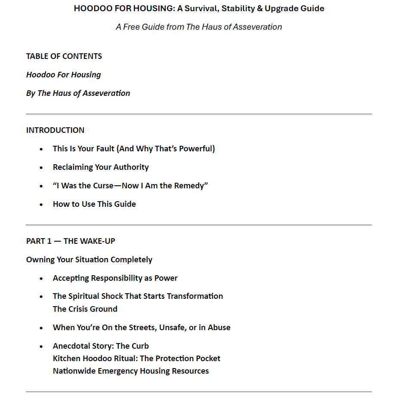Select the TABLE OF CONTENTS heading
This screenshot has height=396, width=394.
click(64, 56)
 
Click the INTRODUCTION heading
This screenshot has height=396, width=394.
click(55, 130)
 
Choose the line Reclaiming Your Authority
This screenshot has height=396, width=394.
click(101, 167)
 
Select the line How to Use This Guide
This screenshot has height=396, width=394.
click(94, 204)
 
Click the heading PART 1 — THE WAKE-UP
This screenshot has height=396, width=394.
click(71, 241)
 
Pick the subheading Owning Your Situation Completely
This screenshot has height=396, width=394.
click(89, 260)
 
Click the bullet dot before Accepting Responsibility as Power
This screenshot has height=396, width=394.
click(41, 279)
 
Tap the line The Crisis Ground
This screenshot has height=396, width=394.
click(85, 309)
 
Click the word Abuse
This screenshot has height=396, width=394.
click(219, 328)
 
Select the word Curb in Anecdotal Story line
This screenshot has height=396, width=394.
click(139, 346)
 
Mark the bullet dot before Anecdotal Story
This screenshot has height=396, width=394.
click(41, 346)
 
